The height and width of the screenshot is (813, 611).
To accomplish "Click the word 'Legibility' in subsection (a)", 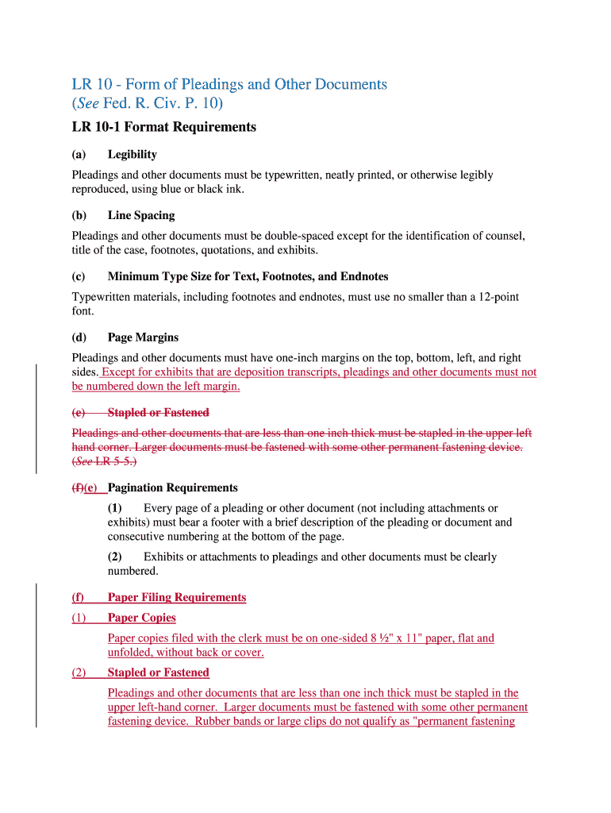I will click(133, 154).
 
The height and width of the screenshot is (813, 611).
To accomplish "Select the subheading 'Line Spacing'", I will click(141, 215).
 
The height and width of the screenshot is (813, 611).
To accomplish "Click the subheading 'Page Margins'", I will click(143, 337).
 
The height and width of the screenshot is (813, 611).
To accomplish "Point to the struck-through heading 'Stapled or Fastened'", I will click(158, 413).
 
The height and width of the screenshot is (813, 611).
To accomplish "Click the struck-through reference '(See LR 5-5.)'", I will click(104, 462).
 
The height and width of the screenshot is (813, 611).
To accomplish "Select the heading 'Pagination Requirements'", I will click(173, 487).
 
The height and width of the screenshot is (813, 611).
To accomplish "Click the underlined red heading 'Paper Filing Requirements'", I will click(177, 597).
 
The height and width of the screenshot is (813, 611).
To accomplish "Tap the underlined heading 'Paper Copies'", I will click(142, 618).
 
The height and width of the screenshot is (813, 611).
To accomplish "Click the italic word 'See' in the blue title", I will click(88, 104).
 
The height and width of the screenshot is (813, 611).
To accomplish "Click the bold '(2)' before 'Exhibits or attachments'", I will click(116, 557).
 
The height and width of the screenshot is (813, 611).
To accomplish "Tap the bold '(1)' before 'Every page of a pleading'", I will click(116, 508).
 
